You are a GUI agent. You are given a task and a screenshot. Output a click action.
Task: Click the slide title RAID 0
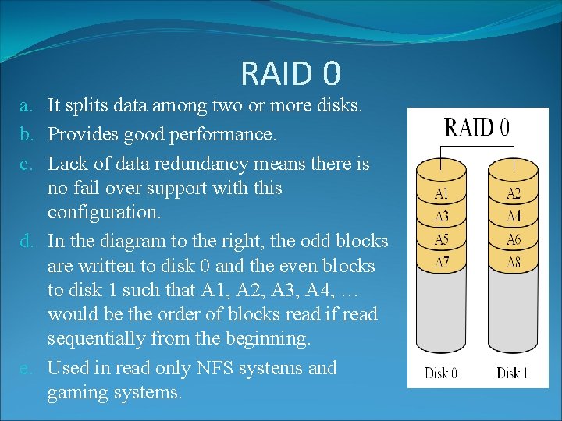point(290,74)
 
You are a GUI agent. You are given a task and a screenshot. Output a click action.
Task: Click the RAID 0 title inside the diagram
point(476,128)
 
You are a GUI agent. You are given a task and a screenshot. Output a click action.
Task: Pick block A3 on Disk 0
point(441,217)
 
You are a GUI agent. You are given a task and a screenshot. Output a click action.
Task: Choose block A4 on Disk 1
point(513,217)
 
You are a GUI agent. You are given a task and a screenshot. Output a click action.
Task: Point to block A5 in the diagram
point(441,239)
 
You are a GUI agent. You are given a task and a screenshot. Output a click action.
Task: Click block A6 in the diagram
point(513,239)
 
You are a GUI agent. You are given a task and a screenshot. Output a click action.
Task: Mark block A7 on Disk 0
point(441,262)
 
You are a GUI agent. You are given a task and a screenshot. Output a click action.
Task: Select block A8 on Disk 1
point(513,262)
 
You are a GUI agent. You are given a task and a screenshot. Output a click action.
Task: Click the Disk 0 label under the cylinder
point(441,373)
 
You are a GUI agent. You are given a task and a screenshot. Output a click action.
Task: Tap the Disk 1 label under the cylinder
point(512,373)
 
